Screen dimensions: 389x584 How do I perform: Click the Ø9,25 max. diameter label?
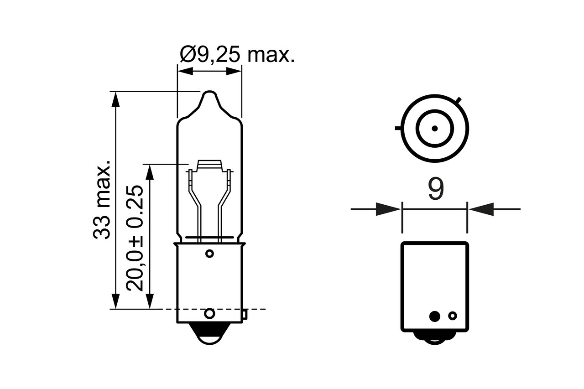click(x=237, y=55)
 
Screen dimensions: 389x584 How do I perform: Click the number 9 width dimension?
click(x=436, y=190)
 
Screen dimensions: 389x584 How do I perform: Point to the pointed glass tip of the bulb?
click(x=209, y=94)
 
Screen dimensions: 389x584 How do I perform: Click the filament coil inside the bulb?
click(x=209, y=165)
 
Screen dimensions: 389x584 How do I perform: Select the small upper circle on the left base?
click(x=209, y=253)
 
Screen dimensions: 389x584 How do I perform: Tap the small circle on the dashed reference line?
click(x=209, y=313)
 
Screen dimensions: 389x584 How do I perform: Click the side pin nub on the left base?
click(x=245, y=314)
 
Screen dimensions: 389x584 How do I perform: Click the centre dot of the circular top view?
click(x=435, y=128)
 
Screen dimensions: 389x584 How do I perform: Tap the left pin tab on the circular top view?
click(x=398, y=128)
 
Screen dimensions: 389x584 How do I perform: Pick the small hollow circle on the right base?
click(x=453, y=316)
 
